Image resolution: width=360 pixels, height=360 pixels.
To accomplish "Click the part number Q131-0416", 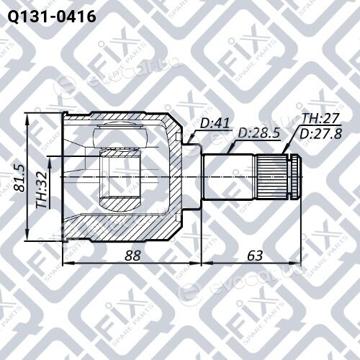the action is click(52, 17).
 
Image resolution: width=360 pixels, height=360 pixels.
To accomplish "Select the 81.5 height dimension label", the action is click(19, 179).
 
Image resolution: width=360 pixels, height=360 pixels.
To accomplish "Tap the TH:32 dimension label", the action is click(41, 190).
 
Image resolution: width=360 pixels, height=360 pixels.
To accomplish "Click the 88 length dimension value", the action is click(132, 256).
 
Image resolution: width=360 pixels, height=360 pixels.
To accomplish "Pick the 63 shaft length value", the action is click(255, 256).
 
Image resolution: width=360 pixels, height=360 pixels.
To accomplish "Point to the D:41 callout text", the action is click(215, 123).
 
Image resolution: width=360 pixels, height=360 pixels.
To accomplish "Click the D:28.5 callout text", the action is click(258, 133).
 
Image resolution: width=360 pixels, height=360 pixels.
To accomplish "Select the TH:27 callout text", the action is click(320, 119).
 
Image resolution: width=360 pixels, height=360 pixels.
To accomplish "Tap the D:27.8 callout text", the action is click(320, 134).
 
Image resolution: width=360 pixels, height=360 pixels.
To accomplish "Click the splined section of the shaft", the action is click(272, 177).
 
